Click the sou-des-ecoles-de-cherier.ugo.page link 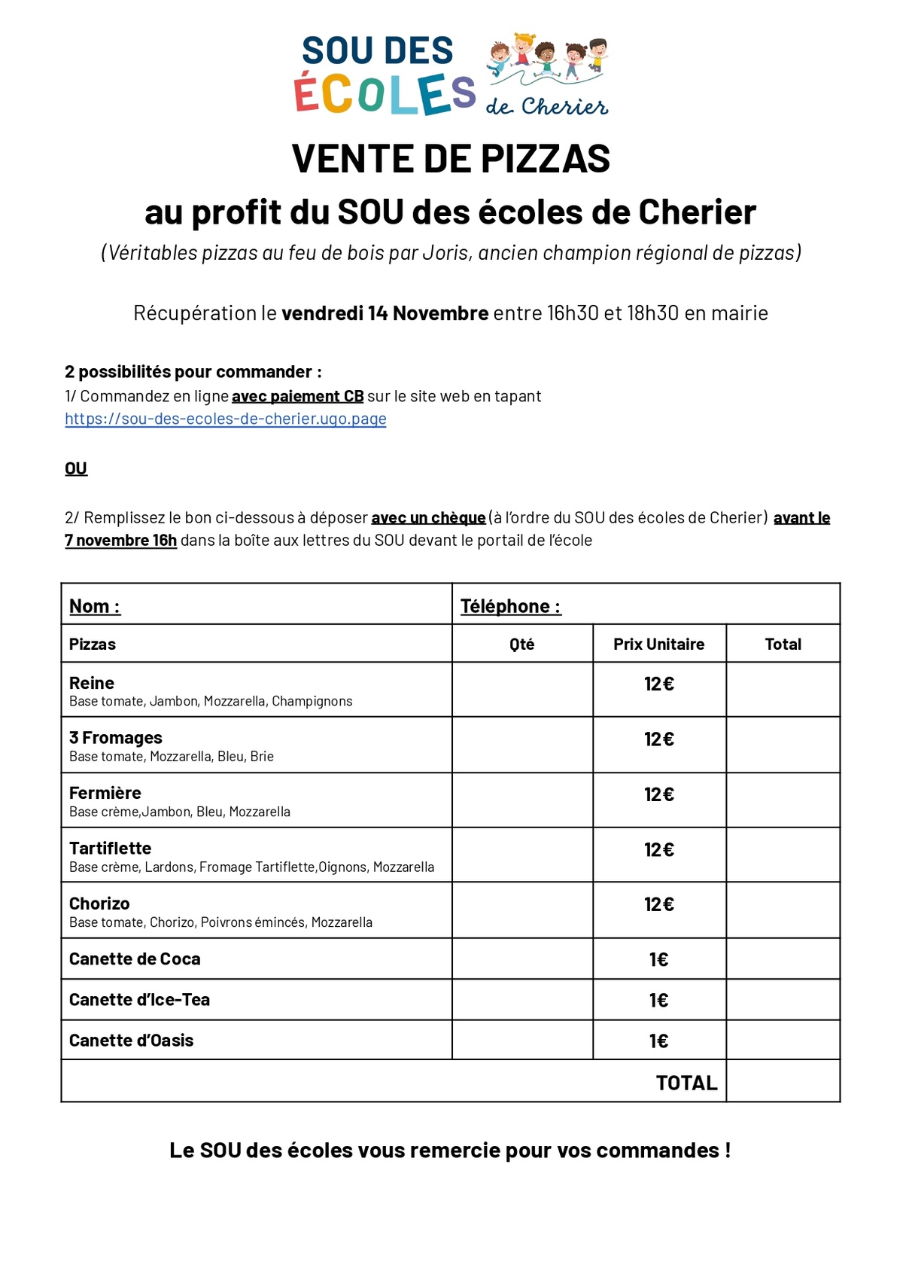point(226,419)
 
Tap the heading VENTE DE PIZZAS point(451,159)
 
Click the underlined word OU point(76,469)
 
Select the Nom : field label point(95,606)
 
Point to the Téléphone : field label point(510,606)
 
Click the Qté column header point(521,645)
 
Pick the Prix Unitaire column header point(658,645)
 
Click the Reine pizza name point(92,683)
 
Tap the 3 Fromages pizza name point(116,738)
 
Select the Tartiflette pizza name point(110,849)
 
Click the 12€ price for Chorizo point(658,904)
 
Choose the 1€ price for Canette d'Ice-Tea point(658,1000)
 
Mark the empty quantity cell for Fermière point(521,800)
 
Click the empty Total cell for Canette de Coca point(783,959)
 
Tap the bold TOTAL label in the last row point(686,1083)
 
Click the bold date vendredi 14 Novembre point(385,313)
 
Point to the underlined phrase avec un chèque point(428,518)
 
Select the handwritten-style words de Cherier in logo point(547,106)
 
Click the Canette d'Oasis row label point(132,1041)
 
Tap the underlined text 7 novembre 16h point(121,541)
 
